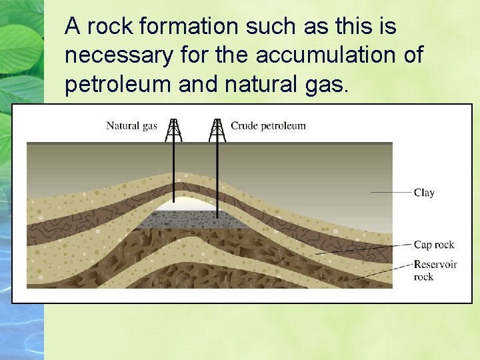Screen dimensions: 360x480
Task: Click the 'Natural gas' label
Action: point(131,125)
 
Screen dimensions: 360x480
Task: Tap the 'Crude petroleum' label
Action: point(268,125)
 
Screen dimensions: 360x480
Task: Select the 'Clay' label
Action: point(424,193)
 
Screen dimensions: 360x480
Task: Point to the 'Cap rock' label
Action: point(434,245)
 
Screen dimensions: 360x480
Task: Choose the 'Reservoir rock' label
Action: point(435,270)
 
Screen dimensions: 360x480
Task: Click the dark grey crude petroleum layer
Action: point(200,219)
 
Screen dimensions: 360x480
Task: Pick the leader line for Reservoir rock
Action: point(373,271)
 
